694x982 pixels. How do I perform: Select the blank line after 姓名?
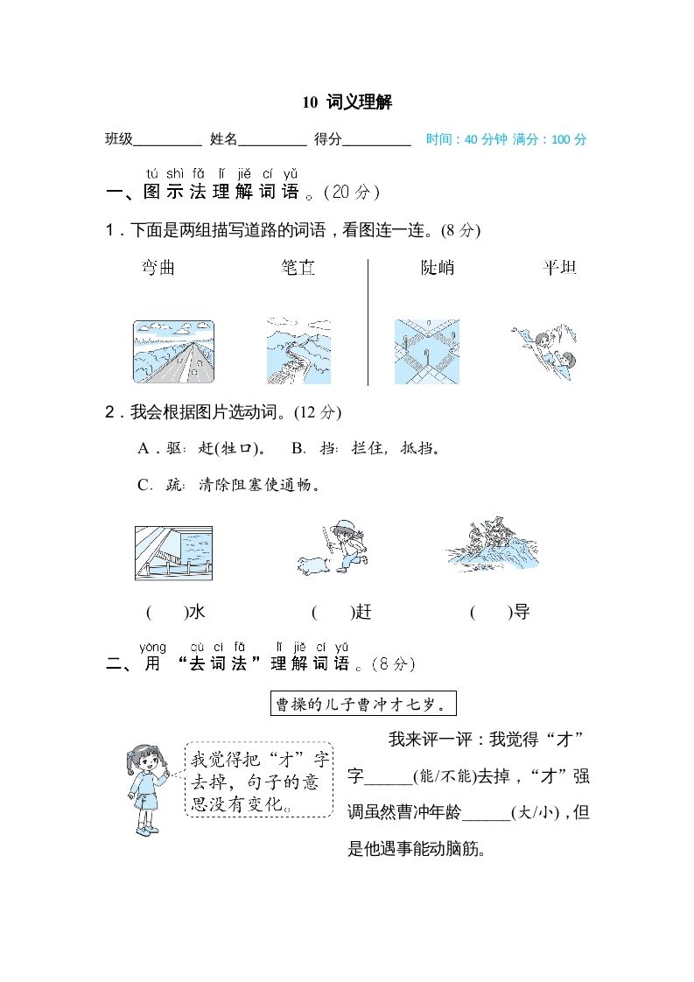[272, 140]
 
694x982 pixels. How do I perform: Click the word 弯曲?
[158, 268]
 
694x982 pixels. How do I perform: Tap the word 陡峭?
[438, 268]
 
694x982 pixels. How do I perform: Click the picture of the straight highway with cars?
[173, 352]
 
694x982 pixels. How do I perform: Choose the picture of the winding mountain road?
[298, 352]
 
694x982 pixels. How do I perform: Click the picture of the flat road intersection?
[426, 352]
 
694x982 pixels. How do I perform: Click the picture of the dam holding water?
[173, 553]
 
